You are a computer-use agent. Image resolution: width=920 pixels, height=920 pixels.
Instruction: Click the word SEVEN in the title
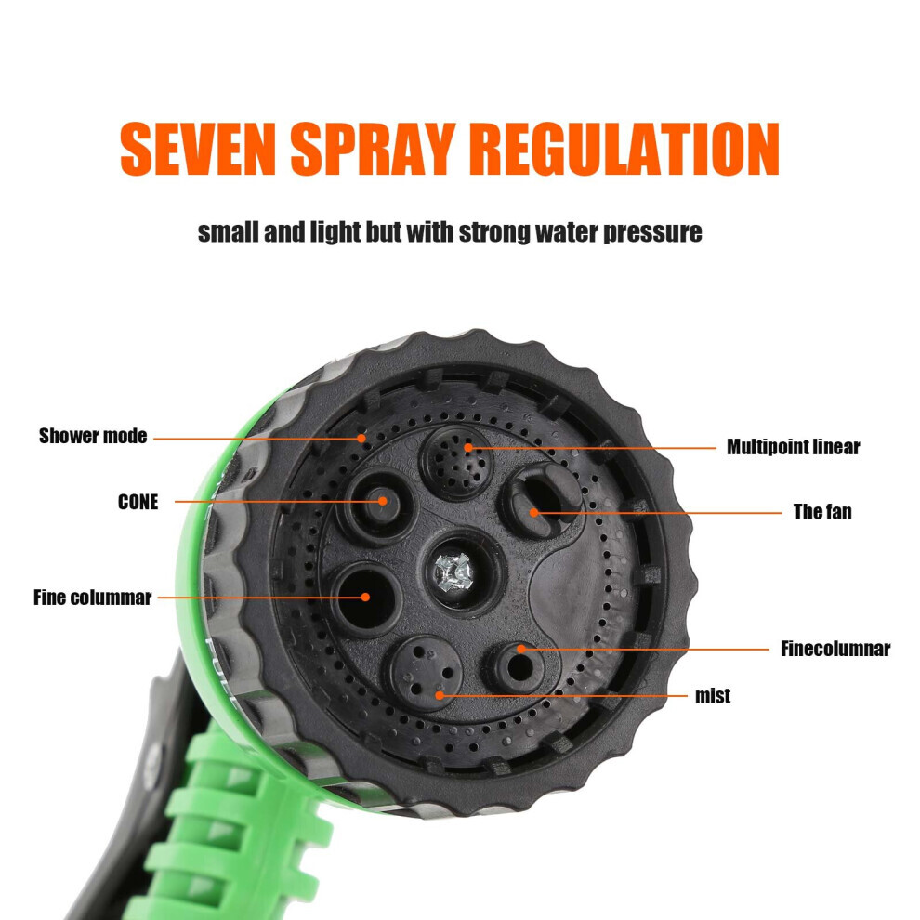pyautogui.click(x=198, y=149)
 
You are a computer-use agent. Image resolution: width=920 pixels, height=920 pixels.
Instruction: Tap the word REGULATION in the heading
pyautogui.click(x=624, y=149)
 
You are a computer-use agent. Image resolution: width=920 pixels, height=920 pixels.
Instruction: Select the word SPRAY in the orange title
pyautogui.click(x=374, y=149)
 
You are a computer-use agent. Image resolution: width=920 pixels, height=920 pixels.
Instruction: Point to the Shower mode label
pyautogui.click(x=93, y=436)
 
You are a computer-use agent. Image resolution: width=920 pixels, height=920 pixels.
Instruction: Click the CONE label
pyautogui.click(x=138, y=502)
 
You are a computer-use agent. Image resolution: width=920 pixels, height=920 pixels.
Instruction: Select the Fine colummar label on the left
pyautogui.click(x=92, y=598)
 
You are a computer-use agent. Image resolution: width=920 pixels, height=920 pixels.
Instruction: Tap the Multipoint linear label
pyautogui.click(x=794, y=447)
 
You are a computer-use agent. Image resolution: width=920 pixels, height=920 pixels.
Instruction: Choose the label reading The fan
pyautogui.click(x=822, y=512)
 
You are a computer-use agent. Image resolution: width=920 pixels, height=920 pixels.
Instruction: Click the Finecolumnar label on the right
pyautogui.click(x=835, y=649)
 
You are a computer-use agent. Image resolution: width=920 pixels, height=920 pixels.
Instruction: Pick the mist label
pyautogui.click(x=713, y=696)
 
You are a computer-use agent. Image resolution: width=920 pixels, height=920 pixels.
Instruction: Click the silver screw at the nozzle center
pyautogui.click(x=453, y=572)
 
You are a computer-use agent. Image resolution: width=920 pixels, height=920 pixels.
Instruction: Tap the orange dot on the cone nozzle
pyautogui.click(x=383, y=501)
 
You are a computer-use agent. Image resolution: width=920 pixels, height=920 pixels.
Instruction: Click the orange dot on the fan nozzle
pyautogui.click(x=534, y=513)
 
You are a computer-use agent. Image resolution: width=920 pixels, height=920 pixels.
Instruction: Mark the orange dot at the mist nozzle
pyautogui.click(x=440, y=696)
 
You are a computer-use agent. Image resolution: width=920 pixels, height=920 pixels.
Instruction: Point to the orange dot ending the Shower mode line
pyautogui.click(x=361, y=438)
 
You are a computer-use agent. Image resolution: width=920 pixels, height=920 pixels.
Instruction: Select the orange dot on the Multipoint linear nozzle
pyautogui.click(x=468, y=448)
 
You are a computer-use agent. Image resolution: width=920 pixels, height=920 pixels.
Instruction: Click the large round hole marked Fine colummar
pyautogui.click(x=367, y=598)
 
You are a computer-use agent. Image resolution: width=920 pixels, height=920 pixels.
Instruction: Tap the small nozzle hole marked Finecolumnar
pyautogui.click(x=519, y=666)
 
